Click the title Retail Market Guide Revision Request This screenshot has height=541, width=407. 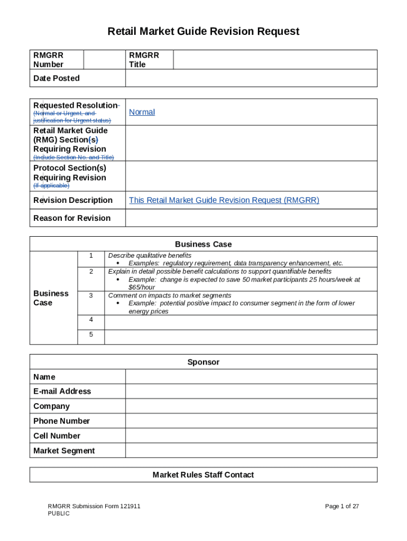[x=203, y=32]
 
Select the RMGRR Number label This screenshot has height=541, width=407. [x=48, y=60]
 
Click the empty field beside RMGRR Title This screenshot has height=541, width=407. [x=275, y=60]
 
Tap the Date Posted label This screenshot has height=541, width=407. [x=57, y=78]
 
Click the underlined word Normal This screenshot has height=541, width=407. [x=142, y=112]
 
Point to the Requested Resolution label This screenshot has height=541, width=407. [x=76, y=105]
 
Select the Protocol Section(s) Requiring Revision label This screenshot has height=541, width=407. [x=70, y=173]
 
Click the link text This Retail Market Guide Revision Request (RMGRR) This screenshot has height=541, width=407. [x=224, y=200]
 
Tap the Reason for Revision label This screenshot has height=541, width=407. [x=72, y=218]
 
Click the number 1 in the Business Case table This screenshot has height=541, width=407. [x=91, y=256]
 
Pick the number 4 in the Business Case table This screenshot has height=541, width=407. [x=91, y=320]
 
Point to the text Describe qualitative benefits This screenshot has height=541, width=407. [x=150, y=256]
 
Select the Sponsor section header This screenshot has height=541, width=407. [x=203, y=362]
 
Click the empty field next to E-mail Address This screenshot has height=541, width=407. [x=251, y=391]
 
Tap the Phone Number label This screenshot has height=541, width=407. [x=61, y=421]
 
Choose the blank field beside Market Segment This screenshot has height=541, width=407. [x=251, y=451]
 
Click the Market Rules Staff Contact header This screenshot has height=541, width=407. [x=203, y=475]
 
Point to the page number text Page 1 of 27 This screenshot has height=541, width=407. [x=342, y=506]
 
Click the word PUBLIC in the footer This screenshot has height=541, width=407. [x=59, y=514]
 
